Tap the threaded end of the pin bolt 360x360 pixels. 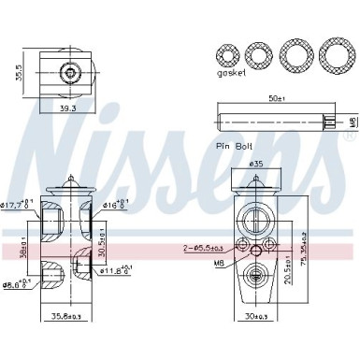coord(329,121)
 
